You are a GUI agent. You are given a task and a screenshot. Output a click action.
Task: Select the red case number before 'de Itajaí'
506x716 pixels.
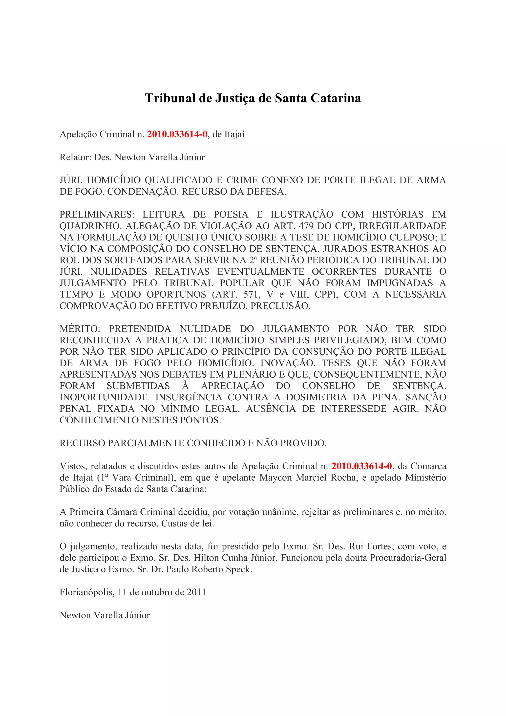pos(177,134)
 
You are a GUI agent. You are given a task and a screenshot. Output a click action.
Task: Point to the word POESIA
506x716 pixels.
pos(231,215)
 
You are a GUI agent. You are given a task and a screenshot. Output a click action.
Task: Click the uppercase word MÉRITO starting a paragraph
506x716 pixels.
pos(80,329)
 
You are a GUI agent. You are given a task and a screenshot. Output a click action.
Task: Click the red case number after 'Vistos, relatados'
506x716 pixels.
pos(362,466)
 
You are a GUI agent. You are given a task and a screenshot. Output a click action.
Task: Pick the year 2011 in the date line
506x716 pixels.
pos(196,592)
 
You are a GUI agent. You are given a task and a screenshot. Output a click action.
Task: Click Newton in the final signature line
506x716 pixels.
pos(75,615)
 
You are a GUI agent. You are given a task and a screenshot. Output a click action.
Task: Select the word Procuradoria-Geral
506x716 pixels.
pos(408,558)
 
